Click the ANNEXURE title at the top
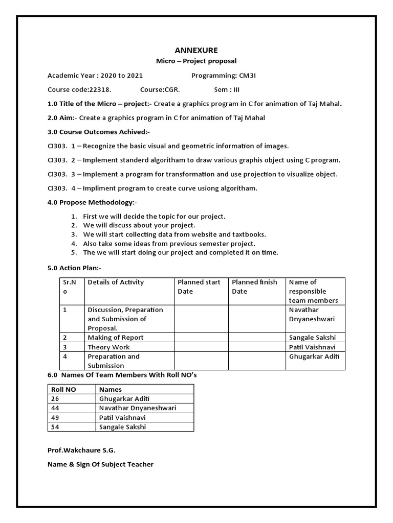[x=196, y=50]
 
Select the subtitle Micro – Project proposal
[x=196, y=61]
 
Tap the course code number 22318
[x=100, y=90]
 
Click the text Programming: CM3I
[x=221, y=76]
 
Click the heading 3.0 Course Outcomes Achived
[x=98, y=132]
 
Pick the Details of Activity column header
[x=116, y=282]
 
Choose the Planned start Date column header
[x=199, y=287]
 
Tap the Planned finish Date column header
[x=254, y=287]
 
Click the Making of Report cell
[x=116, y=338]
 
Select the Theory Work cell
[x=109, y=347]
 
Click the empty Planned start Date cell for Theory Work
[x=201, y=347]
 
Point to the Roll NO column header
[x=63, y=389]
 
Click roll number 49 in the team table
[x=55, y=417]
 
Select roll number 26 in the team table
[x=55, y=398]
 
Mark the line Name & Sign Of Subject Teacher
[x=100, y=464]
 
